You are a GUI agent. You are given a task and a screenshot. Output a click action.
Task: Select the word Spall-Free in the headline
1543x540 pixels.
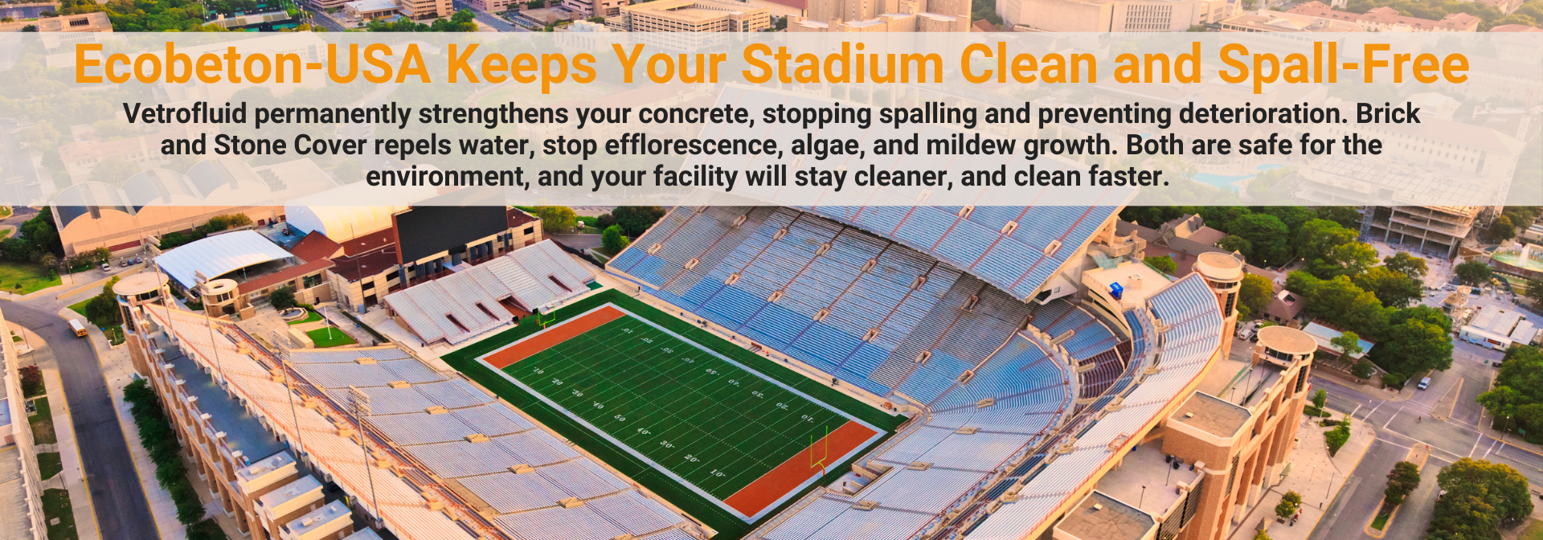(x=1343, y=64)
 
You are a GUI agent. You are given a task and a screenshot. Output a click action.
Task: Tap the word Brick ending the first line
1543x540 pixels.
(x=1388, y=114)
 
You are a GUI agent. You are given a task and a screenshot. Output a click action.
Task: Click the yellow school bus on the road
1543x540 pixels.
(x=78, y=328)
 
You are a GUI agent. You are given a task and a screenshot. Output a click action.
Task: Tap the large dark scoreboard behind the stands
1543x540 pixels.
(x=452, y=231)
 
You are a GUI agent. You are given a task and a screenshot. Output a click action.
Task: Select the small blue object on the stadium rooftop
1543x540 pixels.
(x=1115, y=291)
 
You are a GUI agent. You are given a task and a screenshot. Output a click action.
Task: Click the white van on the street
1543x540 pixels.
(x=1424, y=382)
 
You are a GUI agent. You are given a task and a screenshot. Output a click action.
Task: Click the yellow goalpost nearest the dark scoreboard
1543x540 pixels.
(x=547, y=314)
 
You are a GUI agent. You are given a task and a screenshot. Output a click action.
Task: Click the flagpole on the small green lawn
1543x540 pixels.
(x=327, y=321)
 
